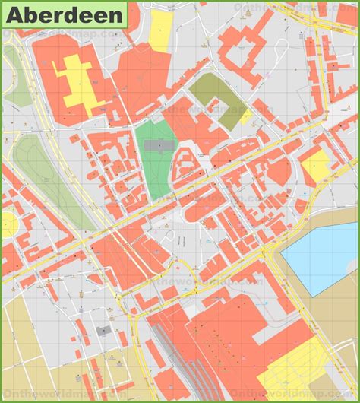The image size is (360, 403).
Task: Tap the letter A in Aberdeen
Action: pyautogui.click(x=14, y=14)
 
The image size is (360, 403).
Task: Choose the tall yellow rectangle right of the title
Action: pyautogui.click(x=161, y=30)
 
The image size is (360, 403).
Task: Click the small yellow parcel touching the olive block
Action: pyautogui.click(x=246, y=116)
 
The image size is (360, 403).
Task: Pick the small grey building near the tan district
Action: pyautogui.click(x=103, y=332)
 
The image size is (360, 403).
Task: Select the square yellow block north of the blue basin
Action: pyautogui.click(x=315, y=163)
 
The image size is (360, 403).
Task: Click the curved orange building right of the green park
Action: pyautogui.click(x=182, y=163)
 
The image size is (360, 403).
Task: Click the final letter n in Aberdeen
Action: pyautogui.click(x=116, y=14)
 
